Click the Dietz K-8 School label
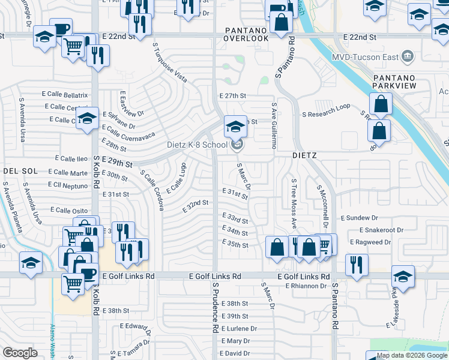(x=196, y=145)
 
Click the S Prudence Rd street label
(x=214, y=310)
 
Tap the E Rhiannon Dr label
(x=306, y=286)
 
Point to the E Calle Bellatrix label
(x=65, y=95)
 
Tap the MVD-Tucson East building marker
(x=408, y=56)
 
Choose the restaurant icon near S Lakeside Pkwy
(x=357, y=264)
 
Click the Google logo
(x=20, y=353)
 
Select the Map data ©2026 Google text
(x=412, y=355)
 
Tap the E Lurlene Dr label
(x=239, y=329)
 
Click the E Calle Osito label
(x=70, y=210)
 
